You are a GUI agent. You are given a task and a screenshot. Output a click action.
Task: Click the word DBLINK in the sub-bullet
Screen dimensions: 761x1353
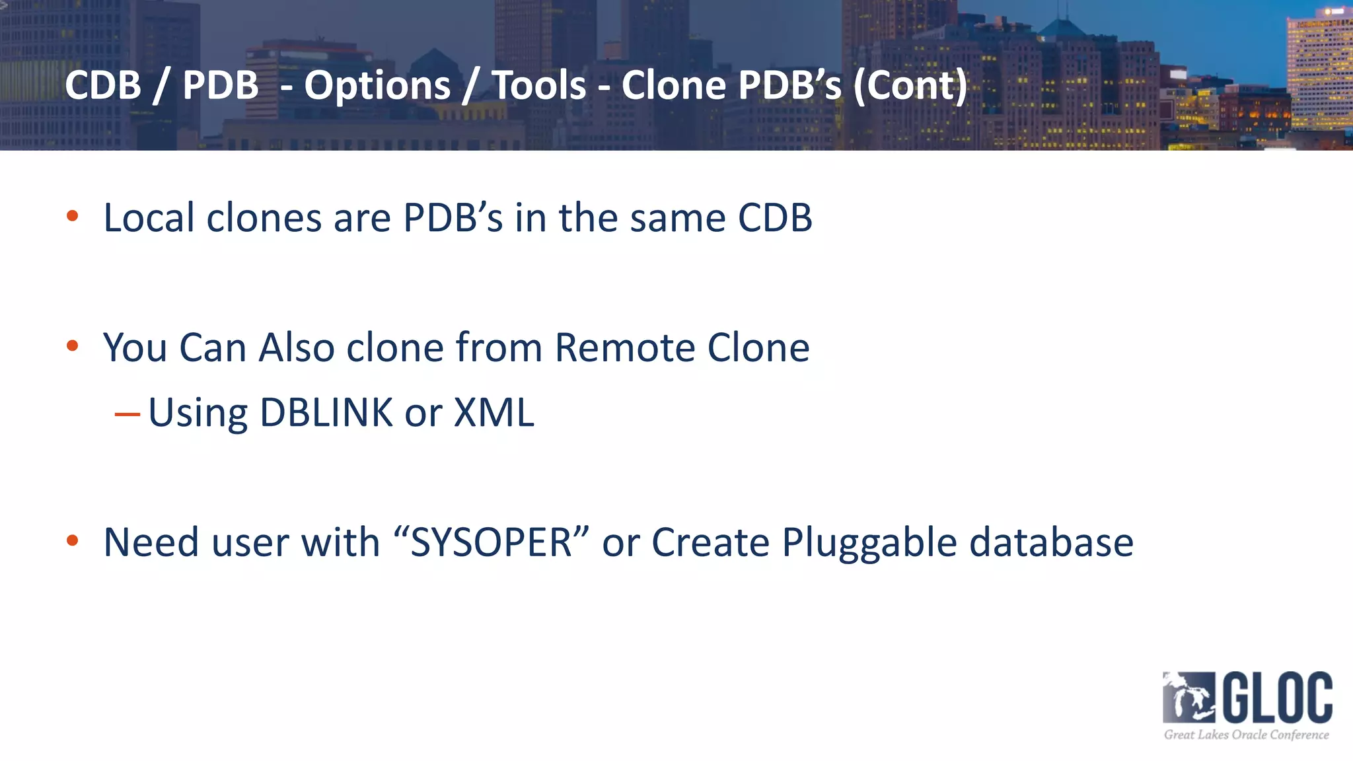(326, 413)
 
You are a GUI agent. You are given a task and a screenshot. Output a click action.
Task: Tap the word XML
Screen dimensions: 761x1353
(494, 413)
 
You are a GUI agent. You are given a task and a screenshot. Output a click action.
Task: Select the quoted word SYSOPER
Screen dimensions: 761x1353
(492, 542)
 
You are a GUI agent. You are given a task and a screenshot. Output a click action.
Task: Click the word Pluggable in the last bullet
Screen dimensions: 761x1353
(869, 544)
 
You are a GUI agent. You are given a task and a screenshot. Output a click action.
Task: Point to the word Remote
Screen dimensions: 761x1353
(624, 347)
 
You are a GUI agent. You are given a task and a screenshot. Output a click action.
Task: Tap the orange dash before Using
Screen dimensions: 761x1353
(127, 415)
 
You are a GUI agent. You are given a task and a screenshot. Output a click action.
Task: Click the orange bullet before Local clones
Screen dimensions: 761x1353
(73, 216)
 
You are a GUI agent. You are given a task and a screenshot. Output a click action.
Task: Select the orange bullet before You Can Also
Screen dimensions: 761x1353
(73, 345)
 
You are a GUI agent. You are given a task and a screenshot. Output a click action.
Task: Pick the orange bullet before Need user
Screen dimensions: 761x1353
(73, 541)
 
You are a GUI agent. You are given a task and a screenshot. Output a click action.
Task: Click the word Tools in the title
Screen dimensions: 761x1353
(539, 86)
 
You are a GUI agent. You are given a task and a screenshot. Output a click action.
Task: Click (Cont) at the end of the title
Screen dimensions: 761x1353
(910, 86)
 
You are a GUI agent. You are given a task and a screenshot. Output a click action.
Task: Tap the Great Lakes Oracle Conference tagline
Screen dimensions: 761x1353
(1246, 735)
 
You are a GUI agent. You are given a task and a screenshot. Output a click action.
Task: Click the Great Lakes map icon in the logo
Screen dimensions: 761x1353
(1188, 698)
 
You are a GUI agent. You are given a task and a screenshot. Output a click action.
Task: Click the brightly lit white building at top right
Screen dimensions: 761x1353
(1319, 73)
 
